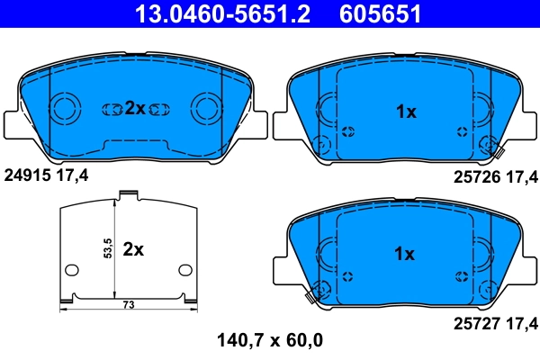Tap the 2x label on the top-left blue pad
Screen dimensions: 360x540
[x=134, y=108]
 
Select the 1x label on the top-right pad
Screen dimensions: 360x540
[x=406, y=112]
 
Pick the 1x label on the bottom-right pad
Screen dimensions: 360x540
[x=406, y=254]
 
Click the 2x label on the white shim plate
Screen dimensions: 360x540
[x=133, y=249]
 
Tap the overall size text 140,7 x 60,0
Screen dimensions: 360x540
[x=270, y=340]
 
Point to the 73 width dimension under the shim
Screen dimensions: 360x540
[x=129, y=306]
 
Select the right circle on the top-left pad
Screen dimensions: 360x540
[x=205, y=109]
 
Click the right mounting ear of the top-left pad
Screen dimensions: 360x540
[x=258, y=123]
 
